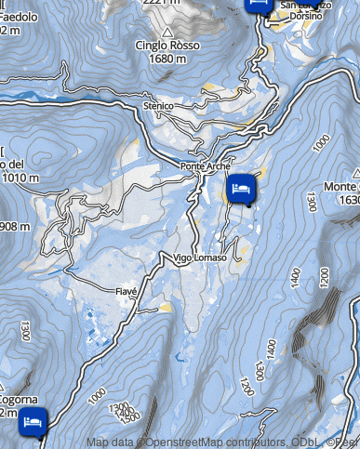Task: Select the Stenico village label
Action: coord(159,107)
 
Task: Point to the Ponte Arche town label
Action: coord(205,166)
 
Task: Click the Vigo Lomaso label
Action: coord(199,258)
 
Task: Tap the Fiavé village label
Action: coord(127,291)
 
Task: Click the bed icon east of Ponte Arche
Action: coord(241,189)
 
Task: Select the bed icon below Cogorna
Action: coord(33,420)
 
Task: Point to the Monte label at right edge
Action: coord(340,187)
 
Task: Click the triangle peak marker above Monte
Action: coord(355,172)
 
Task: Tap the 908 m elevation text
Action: coord(15,227)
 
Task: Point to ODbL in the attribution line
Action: coord(298,442)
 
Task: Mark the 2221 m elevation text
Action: coord(160,3)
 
